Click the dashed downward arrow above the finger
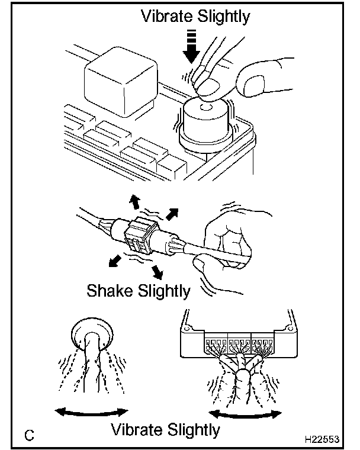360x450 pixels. point(191,47)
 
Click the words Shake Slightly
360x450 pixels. point(139,291)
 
